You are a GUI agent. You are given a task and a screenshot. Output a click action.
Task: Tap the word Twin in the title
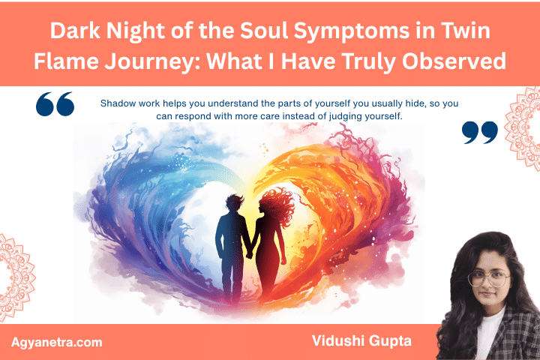point(467,32)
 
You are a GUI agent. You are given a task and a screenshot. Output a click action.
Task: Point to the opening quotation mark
point(55,105)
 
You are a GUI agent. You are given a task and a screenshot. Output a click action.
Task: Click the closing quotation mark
point(480,133)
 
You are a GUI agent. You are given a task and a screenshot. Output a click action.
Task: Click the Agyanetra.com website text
point(57,342)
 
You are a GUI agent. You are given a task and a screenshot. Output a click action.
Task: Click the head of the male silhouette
point(233,204)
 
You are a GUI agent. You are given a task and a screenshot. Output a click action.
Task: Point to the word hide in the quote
point(396,103)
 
